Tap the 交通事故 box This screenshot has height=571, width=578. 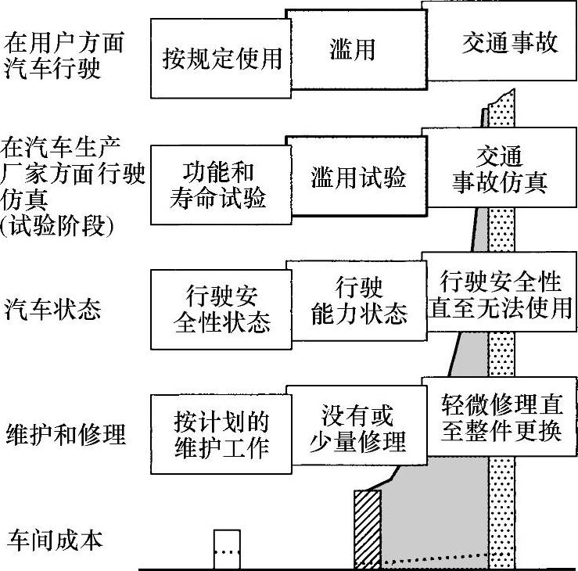[x=500, y=42]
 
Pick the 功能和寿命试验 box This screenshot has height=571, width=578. [x=218, y=185]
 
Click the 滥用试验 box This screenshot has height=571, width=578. [x=358, y=178]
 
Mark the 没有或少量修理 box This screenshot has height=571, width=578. [x=358, y=428]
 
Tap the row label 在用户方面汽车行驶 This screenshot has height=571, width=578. [x=64, y=54]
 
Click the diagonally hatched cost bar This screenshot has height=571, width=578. [x=367, y=527]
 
